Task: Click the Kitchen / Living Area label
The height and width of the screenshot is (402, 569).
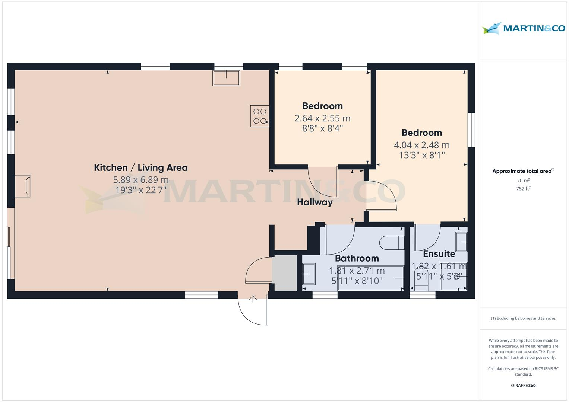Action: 140,167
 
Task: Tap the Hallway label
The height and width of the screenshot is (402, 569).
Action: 314,202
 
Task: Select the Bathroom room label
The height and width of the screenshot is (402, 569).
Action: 357,258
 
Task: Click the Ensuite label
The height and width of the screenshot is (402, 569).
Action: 439,254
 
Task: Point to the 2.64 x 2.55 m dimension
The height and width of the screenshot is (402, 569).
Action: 322,118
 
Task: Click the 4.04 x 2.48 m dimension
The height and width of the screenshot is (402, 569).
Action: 421,145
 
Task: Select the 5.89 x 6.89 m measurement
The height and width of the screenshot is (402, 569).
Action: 140,180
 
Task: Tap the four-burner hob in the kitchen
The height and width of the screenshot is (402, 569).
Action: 260,116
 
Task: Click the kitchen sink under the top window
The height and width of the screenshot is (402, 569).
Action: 226,78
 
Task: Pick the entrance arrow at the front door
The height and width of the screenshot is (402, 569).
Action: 253,299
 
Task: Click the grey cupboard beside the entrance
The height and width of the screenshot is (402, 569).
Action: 284,273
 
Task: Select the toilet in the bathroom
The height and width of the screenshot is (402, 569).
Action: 391,243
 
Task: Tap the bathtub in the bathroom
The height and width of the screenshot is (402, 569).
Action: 371,278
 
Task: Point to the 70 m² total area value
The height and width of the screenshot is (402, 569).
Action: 523,181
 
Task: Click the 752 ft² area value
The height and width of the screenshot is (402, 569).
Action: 523,189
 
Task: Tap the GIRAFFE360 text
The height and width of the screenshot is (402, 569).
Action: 523,385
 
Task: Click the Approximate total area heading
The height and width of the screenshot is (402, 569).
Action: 522,171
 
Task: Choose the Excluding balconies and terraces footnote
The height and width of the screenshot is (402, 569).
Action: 523,318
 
